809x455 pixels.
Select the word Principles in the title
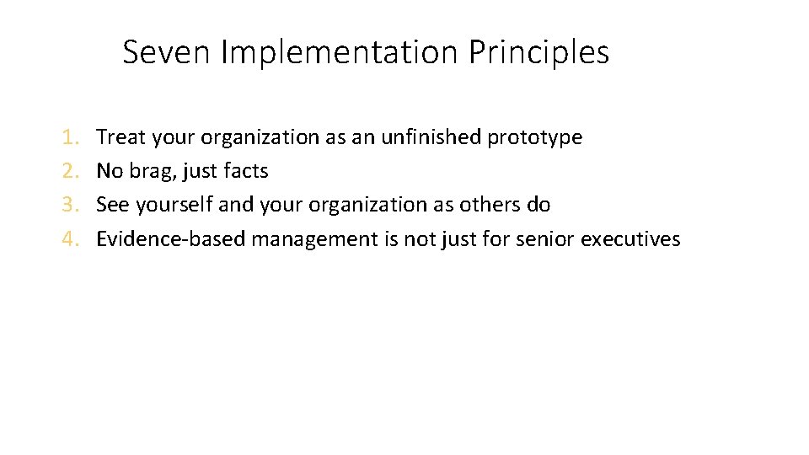click(538, 52)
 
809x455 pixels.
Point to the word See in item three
click(113, 205)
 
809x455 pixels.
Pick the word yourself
click(174, 205)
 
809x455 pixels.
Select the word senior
click(545, 239)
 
